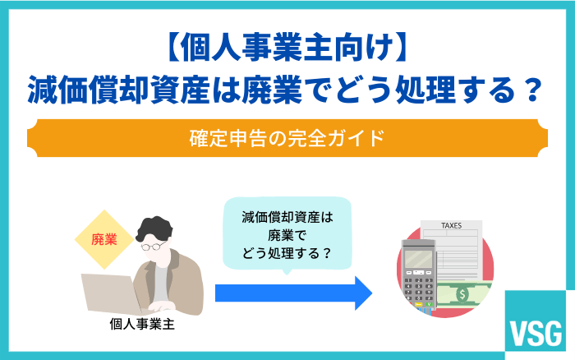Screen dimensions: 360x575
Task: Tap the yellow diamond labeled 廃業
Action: point(104,240)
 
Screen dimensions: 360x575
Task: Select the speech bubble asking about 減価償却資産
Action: point(287,235)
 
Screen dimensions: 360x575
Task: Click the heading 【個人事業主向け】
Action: point(287,52)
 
